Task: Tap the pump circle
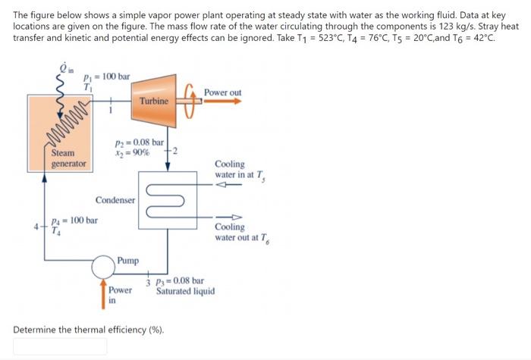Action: pyautogui.click(x=102, y=267)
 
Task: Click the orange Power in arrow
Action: pyautogui.click(x=104, y=296)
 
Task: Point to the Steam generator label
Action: pyautogui.click(x=68, y=158)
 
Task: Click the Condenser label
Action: pyautogui.click(x=115, y=200)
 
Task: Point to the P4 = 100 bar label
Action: pyautogui.click(x=74, y=221)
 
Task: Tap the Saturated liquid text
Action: pyautogui.click(x=186, y=291)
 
